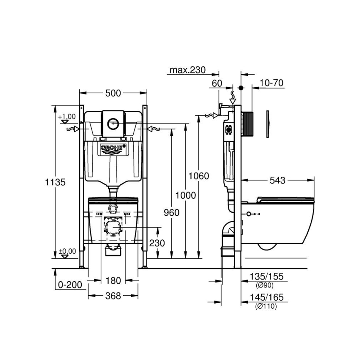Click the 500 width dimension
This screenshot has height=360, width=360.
point(113,94)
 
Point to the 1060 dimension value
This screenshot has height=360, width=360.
point(199,176)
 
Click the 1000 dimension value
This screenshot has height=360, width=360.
point(185,195)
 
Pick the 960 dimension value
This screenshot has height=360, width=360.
point(171,212)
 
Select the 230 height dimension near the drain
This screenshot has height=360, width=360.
point(157,243)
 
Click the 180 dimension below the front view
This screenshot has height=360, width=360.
point(113,281)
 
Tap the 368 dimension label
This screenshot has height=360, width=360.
point(113,296)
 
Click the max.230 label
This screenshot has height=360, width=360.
point(187,70)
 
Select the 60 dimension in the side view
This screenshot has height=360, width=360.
point(217,83)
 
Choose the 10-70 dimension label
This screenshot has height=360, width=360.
point(271,83)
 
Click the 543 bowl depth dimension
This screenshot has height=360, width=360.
point(277,180)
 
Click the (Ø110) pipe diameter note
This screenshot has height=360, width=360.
point(265,306)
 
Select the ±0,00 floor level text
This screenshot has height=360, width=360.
point(67,251)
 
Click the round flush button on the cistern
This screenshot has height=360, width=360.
point(113,123)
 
